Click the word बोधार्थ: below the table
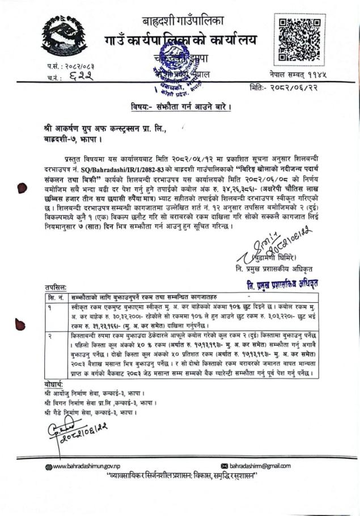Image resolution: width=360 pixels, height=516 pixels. point(55,384)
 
